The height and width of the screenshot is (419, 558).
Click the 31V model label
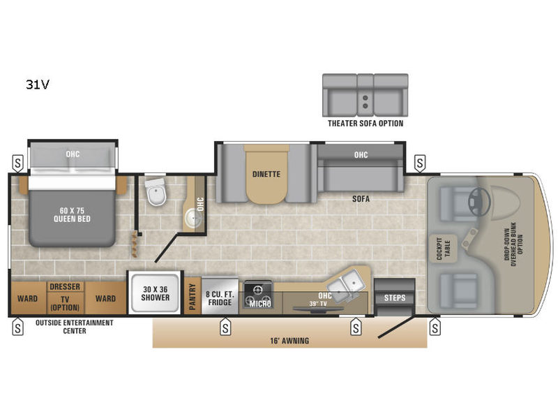coord(38,84)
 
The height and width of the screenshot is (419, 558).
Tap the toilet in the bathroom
coord(156,192)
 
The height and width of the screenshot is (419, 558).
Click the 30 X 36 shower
coord(155,293)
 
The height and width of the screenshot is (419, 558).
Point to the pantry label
coord(193,296)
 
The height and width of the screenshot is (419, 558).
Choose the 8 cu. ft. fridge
coord(220,296)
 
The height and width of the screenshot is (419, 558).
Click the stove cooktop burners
coord(258,295)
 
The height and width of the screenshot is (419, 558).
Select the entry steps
coord(394,297)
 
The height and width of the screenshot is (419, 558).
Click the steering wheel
coord(479,201)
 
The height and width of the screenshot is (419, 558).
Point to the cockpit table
coord(443,249)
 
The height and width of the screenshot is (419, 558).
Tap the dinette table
coord(266,175)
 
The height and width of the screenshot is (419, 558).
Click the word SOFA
coord(361,199)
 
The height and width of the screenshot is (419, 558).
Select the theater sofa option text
coord(365,124)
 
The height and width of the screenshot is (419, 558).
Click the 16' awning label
coord(289,341)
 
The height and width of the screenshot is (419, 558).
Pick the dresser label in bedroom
coord(65,286)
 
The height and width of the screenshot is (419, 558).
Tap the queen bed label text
coord(72,214)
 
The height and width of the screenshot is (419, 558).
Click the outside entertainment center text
coord(75,327)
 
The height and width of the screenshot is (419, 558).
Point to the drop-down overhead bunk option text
coord(513,244)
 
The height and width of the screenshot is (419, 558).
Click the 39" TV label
coord(318,304)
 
